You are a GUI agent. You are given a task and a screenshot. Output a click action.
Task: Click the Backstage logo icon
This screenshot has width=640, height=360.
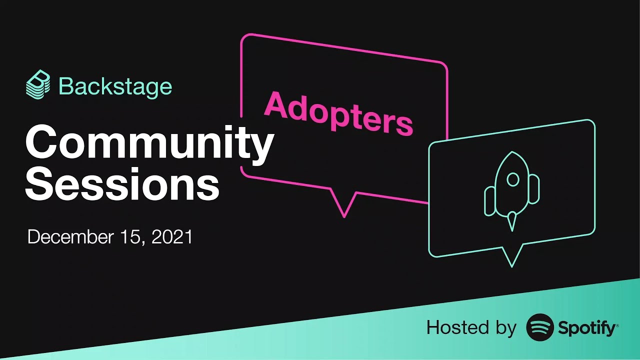(38, 85)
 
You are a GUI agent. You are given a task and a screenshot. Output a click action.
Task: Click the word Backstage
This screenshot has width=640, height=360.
(115, 86)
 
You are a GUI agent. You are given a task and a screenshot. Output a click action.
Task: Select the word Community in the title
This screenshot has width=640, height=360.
(149, 142)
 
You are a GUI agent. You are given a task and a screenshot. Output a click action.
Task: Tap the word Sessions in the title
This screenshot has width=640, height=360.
(122, 183)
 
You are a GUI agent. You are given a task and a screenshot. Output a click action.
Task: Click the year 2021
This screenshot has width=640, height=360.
(171, 237)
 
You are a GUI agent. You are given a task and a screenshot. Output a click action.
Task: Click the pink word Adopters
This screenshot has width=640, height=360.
(338, 113)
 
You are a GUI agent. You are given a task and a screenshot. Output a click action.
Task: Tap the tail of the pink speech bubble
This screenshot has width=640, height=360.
(344, 205)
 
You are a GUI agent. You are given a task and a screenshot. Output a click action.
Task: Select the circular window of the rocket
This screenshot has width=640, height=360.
(512, 179)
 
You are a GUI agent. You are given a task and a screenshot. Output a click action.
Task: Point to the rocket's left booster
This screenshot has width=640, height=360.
(489, 201)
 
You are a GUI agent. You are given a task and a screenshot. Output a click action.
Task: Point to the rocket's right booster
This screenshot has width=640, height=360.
(534, 189)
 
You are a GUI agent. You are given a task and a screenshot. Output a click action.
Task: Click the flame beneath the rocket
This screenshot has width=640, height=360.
(511, 221)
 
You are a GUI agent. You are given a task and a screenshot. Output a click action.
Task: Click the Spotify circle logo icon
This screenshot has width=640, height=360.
(540, 327)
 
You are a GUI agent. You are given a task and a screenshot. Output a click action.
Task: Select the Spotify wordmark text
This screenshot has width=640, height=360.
(587, 328)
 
